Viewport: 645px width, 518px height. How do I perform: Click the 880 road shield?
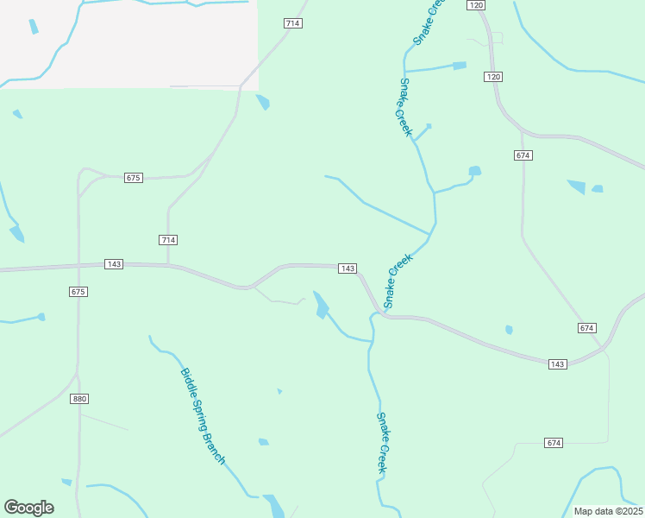(x=79, y=399)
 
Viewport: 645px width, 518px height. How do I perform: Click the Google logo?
(x=28, y=508)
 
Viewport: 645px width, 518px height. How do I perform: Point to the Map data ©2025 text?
(x=607, y=511)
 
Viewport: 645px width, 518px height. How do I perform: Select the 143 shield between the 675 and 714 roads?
(x=114, y=263)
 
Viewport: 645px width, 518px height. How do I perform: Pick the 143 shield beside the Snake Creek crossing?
(x=348, y=268)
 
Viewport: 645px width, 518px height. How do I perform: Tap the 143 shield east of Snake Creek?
(x=557, y=364)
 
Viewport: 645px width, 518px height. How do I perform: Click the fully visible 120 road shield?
(x=493, y=77)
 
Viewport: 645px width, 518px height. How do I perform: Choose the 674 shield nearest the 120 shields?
(x=523, y=155)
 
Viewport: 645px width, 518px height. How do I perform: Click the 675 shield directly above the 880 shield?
(x=78, y=292)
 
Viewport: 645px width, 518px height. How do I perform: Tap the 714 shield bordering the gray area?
(x=292, y=23)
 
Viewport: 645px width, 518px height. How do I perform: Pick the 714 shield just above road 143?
(x=168, y=239)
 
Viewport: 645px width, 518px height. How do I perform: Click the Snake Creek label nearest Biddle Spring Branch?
(x=383, y=442)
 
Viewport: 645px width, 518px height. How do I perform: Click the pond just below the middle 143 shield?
(x=321, y=305)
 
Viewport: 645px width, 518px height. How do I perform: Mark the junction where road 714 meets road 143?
(x=168, y=265)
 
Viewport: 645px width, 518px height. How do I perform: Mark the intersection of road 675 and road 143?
(x=78, y=265)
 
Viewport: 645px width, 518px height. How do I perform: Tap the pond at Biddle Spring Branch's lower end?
(x=273, y=505)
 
